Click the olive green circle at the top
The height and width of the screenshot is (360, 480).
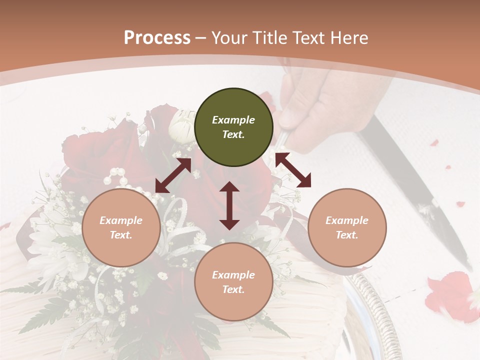pos(233,127)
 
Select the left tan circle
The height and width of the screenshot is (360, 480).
pos(121,228)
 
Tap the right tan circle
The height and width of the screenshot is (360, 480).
pos(347,228)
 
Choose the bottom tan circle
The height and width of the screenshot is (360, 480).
pos(233,282)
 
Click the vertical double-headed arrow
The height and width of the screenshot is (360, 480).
pos(229,205)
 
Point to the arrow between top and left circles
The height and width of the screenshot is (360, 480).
pos(173,175)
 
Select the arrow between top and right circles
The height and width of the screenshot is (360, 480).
pos(293,170)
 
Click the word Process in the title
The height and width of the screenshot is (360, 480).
pos(157,37)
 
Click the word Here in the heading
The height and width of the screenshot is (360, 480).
pos(348,37)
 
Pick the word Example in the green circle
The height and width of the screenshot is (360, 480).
pos(233,120)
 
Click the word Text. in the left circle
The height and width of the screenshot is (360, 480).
pos(121,235)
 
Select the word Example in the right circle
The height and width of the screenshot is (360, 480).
pos(347,220)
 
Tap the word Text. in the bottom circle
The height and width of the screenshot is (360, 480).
pos(233,289)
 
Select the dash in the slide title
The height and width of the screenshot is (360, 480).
pos(201,37)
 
